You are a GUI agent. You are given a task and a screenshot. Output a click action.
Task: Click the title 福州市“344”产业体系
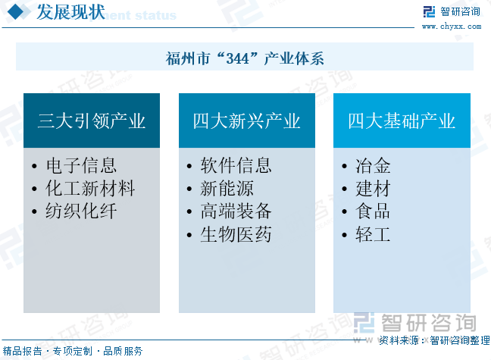(245, 58)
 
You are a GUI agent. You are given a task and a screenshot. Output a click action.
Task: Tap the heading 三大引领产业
(92, 121)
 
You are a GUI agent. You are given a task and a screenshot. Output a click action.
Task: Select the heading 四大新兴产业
(247, 121)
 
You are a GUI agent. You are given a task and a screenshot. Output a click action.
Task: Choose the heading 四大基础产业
(402, 121)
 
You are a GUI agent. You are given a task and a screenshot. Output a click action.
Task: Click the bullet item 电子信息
(81, 165)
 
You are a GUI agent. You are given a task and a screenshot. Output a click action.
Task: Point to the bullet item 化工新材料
(90, 188)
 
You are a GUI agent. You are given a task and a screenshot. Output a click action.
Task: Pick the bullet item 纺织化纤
(81, 211)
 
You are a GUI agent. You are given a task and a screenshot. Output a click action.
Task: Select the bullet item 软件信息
(236, 165)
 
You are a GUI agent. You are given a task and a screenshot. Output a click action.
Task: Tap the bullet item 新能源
(227, 188)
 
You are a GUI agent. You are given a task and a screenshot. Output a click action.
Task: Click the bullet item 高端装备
(236, 211)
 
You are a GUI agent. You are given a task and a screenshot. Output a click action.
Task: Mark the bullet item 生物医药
(236, 234)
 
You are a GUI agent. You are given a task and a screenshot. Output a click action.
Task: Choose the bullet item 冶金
(373, 165)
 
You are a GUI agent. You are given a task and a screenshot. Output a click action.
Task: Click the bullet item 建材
(373, 188)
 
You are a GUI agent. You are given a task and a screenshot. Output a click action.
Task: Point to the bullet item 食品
(373, 211)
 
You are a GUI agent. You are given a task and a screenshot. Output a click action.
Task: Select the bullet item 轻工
(373, 234)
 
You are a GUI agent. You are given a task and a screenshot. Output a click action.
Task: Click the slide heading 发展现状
(70, 12)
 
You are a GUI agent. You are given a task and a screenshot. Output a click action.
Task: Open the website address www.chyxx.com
(452, 27)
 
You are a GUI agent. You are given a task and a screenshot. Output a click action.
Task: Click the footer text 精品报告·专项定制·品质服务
(73, 351)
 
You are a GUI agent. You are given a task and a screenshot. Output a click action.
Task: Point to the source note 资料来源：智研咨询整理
(434, 340)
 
